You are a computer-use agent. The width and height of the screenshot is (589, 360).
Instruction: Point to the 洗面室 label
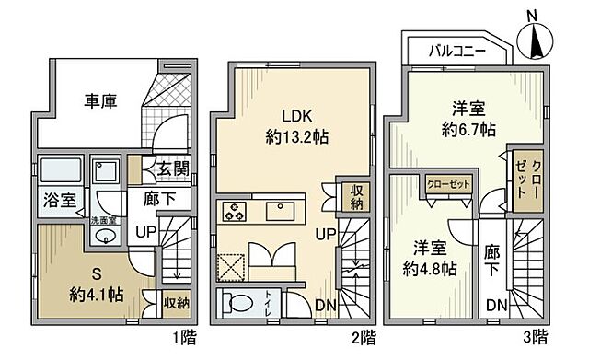point(101,221)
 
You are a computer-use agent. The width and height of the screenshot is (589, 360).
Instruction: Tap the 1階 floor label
point(183,338)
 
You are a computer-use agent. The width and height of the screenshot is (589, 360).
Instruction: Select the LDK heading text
point(295,116)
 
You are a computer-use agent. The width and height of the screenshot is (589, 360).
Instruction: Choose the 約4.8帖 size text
point(427,262)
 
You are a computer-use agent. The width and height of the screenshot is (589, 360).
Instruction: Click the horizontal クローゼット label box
point(448,184)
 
